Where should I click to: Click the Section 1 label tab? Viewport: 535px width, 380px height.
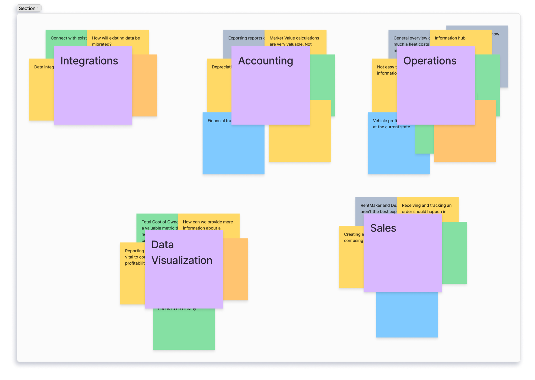29,8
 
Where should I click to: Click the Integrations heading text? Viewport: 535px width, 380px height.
89,61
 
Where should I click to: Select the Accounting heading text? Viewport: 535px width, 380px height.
265,61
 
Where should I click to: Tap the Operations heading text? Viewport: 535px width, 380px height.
430,61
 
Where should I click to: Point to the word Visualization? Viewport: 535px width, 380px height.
182,260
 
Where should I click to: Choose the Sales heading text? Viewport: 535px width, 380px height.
383,228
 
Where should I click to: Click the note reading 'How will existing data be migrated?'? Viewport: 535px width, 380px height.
116,41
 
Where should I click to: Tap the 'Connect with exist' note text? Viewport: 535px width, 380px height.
69,38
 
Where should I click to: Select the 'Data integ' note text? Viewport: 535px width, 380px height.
44,67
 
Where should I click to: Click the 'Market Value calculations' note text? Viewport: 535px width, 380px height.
294,38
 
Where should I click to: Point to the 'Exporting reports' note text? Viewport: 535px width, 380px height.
245,38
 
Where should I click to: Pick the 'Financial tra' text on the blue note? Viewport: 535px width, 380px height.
219,121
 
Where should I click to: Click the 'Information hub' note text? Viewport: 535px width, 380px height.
450,38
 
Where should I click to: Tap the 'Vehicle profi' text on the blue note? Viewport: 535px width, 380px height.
385,121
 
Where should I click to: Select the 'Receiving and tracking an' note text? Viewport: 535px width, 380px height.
427,206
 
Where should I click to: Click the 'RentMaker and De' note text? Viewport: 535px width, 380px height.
378,206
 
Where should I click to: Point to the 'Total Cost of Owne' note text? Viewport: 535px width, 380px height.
159,222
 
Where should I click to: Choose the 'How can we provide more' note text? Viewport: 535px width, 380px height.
208,222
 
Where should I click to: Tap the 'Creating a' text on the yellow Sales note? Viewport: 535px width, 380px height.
354,234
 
